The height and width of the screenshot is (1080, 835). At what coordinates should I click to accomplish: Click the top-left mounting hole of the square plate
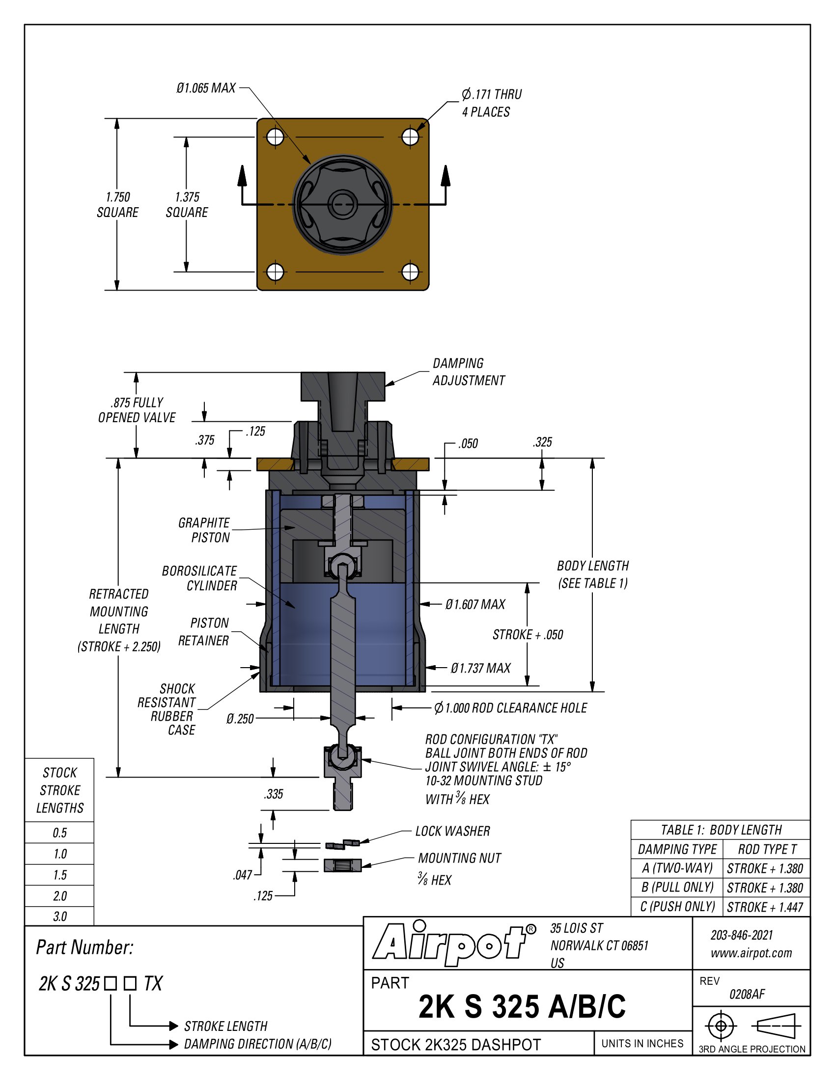coord(275,136)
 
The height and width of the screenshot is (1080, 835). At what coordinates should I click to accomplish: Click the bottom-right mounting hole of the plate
coord(410,271)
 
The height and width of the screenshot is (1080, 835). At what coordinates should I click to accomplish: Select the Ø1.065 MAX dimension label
coord(206,88)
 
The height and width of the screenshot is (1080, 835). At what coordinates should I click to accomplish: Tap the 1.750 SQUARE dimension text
coord(117,205)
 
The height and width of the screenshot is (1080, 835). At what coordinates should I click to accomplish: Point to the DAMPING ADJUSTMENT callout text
coord(468,372)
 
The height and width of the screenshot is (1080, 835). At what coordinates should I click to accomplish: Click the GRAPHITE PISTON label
coord(204,530)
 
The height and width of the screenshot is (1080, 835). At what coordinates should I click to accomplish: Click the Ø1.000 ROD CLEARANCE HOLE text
coord(510,708)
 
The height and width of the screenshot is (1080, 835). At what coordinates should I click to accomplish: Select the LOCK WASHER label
coord(453,831)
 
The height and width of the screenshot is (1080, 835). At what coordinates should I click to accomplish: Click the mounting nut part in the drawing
coord(342,865)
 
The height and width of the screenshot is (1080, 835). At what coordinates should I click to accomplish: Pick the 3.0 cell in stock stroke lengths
coord(59,917)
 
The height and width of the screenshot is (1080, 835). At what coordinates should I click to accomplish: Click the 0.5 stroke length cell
coord(59,833)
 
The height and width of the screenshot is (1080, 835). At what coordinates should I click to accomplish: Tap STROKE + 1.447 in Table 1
coord(765,907)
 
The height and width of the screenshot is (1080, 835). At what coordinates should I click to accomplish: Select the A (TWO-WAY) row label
coord(677,868)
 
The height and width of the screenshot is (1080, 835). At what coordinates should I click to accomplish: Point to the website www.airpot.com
coord(751,953)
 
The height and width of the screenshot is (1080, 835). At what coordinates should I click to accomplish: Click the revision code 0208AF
coord(747,994)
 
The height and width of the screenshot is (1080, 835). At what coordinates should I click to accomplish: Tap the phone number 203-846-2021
coord(742,935)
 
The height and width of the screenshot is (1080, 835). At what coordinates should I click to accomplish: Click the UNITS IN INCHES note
coord(642,1043)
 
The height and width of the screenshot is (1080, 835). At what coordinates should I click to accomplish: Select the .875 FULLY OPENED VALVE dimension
coord(137,410)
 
